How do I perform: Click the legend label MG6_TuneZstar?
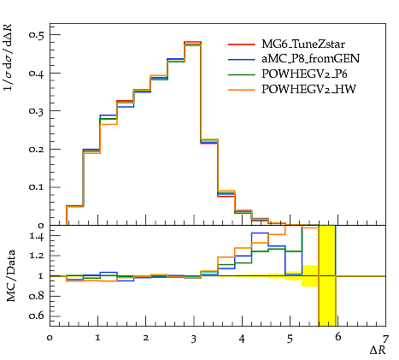pyautogui.click(x=303, y=44)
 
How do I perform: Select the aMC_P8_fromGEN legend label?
pyautogui.click(x=310, y=59)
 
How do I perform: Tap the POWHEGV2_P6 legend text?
pyautogui.click(x=304, y=74)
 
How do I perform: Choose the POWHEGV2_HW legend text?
pyautogui.click(x=308, y=90)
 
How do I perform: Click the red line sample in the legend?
pyautogui.click(x=241, y=44)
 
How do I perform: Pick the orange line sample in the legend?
pyautogui.click(x=241, y=90)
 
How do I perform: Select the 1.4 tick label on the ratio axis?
pyautogui.click(x=37, y=236)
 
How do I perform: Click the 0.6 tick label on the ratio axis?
pyautogui.click(x=37, y=316)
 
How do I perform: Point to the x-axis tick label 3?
pyautogui.click(x=194, y=339)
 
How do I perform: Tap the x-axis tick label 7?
pyautogui.click(x=385, y=339)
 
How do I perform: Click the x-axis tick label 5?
pyautogui.click(x=290, y=339)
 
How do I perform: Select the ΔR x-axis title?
pyautogui.click(x=378, y=351)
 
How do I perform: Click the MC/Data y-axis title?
pyautogui.click(x=11, y=276)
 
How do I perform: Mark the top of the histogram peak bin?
pyautogui.click(x=193, y=42)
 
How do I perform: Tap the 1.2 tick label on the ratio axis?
pyautogui.click(x=37, y=256)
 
